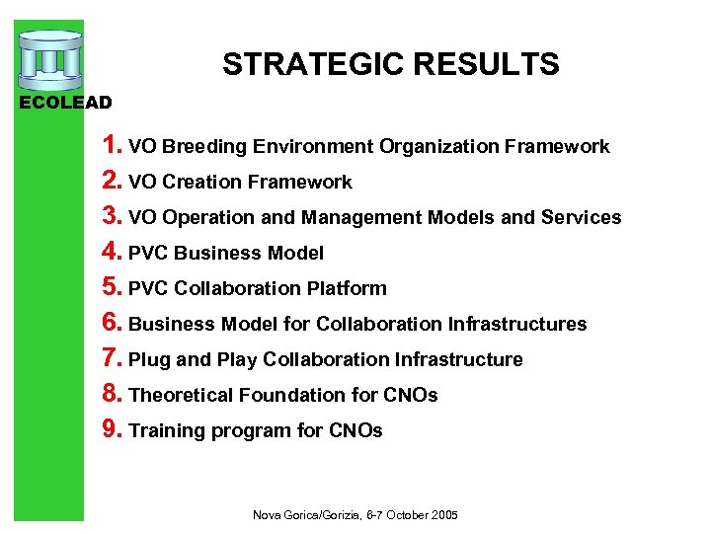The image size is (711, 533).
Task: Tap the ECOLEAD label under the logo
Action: [66, 102]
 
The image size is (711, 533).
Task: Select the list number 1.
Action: [112, 145]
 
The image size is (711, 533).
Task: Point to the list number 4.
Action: [113, 252]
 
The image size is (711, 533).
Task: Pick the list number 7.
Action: [113, 358]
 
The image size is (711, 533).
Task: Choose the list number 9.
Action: [113, 429]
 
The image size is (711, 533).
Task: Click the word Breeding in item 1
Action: [204, 147]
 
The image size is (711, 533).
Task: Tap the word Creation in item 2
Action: [203, 183]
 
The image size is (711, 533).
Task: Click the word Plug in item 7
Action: [150, 360]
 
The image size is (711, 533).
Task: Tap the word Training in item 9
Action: [166, 431]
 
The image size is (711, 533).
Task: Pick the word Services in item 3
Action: [581, 218]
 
